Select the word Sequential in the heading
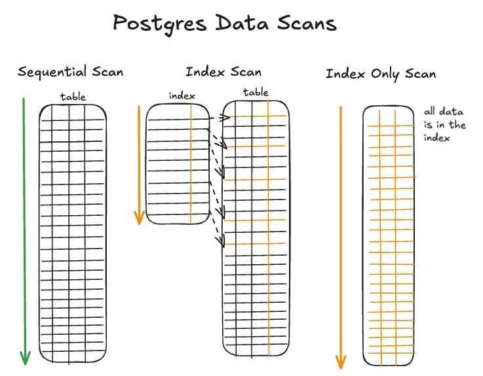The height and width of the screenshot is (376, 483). (x=52, y=72)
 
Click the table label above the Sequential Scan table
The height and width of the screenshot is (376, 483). (x=73, y=97)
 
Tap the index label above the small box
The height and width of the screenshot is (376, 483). (x=182, y=95)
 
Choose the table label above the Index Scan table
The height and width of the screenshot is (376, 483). (x=255, y=92)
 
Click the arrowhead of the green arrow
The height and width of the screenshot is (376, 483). (x=25, y=358)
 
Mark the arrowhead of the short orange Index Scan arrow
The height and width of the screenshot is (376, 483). (x=139, y=218)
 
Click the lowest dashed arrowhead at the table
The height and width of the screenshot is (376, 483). (x=221, y=243)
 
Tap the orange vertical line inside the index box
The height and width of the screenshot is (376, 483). (x=191, y=163)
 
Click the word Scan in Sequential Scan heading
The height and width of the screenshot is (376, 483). (x=107, y=72)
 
